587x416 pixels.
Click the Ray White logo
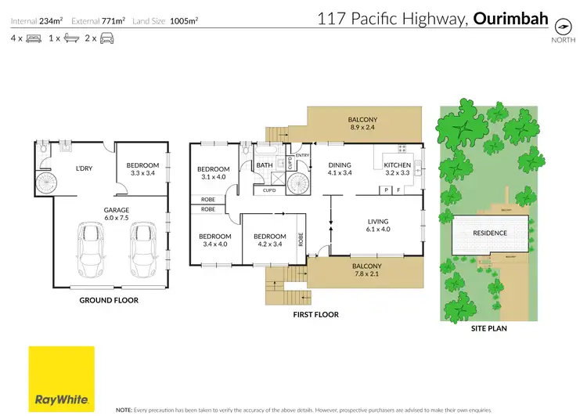(61, 378)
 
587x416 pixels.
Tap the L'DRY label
(84, 169)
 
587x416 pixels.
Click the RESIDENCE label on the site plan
(489, 233)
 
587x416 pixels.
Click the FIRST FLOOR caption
(316, 314)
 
